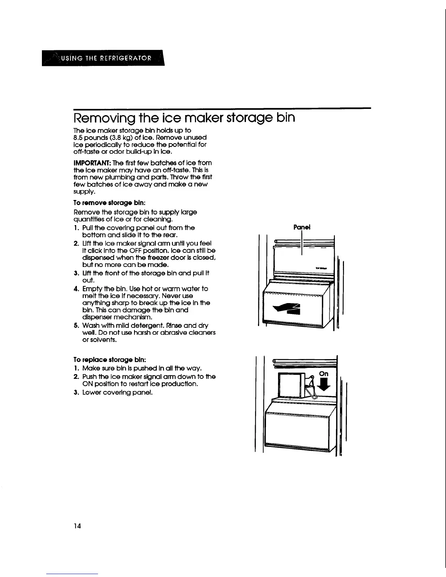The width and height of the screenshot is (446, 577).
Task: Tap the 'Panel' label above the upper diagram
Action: [302, 227]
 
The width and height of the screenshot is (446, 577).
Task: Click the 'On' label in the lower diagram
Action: [324, 374]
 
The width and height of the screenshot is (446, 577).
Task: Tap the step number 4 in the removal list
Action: [76, 289]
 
